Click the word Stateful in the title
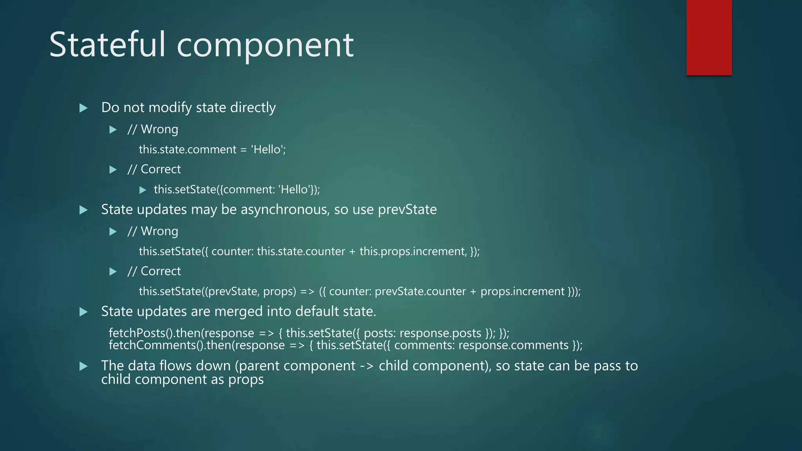click(108, 45)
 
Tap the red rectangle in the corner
click(709, 38)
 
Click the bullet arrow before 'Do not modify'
click(83, 108)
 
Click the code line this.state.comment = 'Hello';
click(212, 150)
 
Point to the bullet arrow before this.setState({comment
click(143, 190)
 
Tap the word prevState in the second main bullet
click(407, 210)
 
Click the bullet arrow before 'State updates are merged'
click(83, 312)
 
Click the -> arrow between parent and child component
click(367, 366)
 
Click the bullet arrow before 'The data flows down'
click(83, 366)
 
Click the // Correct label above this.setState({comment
click(154, 170)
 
